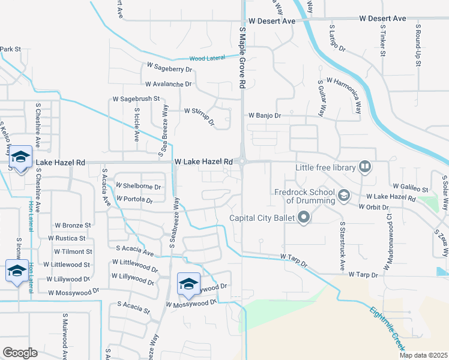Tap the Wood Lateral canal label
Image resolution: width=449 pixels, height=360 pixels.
click(206, 58)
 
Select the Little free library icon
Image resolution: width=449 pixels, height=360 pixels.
click(364, 167)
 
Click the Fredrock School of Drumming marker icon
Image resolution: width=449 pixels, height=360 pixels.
click(344, 195)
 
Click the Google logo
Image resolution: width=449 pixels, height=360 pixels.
click(20, 353)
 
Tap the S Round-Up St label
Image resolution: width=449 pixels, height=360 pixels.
click(417, 46)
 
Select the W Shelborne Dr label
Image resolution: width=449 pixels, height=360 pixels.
click(138, 187)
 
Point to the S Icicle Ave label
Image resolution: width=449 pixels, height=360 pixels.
click(137, 124)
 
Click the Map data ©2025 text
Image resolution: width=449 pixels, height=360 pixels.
click(423, 355)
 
